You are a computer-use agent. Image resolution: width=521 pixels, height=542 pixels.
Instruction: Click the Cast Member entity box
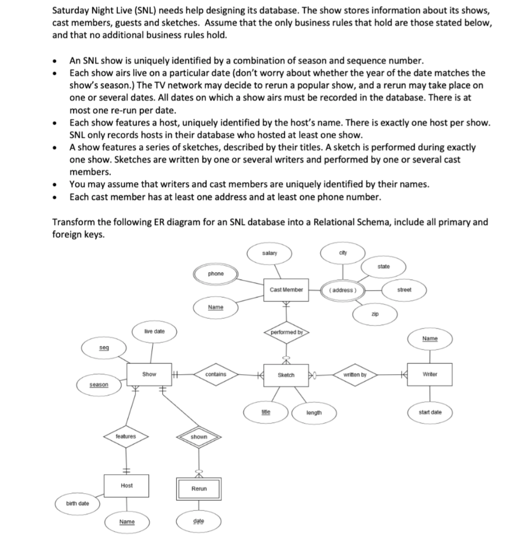286,290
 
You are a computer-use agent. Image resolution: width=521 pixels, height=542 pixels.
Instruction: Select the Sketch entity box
286,375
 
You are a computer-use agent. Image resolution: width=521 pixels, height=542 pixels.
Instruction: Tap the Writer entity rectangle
429,374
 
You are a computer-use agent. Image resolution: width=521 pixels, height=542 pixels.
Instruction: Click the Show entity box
149,374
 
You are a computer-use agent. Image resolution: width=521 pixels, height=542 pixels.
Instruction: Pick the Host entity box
127,485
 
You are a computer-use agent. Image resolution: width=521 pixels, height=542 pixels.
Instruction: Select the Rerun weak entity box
199,489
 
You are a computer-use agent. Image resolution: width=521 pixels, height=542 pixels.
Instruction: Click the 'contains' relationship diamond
215,374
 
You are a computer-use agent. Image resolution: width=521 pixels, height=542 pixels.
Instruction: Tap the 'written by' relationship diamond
354,375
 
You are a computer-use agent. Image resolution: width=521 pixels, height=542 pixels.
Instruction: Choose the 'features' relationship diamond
126,437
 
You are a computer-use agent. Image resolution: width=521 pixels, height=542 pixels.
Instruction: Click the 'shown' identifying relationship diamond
199,437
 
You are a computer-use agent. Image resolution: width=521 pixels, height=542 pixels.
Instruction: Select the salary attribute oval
270,254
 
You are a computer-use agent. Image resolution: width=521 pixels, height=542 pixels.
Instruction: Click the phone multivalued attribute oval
216,274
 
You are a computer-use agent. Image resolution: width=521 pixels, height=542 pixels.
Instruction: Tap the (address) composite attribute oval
343,290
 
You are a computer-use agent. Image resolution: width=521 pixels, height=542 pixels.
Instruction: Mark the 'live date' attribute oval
154,331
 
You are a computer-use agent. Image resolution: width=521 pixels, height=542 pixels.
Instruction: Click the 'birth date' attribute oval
77,503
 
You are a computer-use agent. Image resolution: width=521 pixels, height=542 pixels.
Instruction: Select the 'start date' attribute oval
429,412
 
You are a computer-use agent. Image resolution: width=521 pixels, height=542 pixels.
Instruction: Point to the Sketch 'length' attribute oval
313,412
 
